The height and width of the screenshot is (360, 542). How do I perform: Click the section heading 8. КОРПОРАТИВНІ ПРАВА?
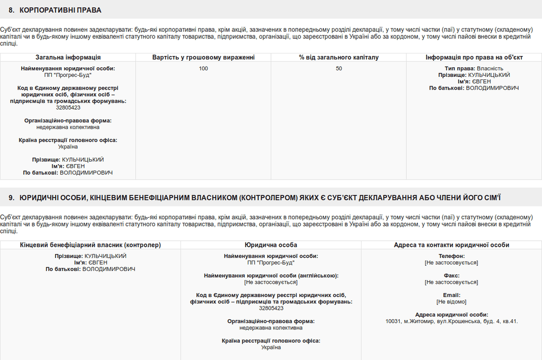click(55, 10)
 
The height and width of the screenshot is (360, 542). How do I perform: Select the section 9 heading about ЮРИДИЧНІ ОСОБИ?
click(255, 197)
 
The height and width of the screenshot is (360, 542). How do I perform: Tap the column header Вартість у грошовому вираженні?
click(203, 57)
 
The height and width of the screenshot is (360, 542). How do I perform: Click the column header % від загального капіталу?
click(339, 57)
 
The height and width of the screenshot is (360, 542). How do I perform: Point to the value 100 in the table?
click(203, 68)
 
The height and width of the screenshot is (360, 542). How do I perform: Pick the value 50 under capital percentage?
click(339, 68)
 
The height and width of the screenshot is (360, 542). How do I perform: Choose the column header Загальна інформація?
click(68, 57)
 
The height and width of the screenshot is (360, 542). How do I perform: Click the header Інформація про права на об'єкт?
click(474, 57)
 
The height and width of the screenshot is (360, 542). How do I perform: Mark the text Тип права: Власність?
click(474, 68)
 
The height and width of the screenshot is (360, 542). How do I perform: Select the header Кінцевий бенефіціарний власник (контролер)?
click(91, 245)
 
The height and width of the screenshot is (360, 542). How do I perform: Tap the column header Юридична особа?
click(271, 245)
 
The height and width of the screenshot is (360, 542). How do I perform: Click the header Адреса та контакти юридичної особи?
click(451, 245)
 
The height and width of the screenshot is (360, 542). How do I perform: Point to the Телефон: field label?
click(451, 256)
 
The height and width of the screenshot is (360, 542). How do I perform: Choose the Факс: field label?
click(451, 276)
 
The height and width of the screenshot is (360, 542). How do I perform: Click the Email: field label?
click(451, 295)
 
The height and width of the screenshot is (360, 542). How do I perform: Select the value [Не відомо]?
click(451, 302)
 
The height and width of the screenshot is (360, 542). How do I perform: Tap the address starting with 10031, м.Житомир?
click(451, 321)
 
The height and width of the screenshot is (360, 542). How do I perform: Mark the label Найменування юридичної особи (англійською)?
click(271, 275)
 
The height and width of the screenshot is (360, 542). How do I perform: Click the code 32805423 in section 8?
click(68, 107)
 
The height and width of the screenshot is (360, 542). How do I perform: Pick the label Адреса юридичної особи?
click(451, 314)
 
